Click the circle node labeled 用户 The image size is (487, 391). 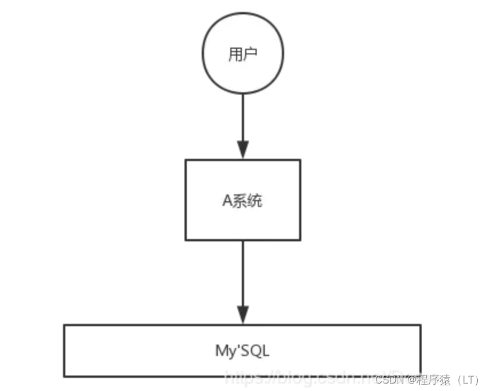pos(243,54)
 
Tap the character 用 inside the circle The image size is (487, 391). pos(235,54)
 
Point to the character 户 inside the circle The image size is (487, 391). pos(250,54)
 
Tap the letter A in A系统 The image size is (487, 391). pos(226,201)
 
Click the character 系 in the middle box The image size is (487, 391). pos(241,201)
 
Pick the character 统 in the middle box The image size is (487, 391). pos(256,201)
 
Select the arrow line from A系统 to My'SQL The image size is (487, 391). pos(243,275)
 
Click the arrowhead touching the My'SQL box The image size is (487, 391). pos(243,315)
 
